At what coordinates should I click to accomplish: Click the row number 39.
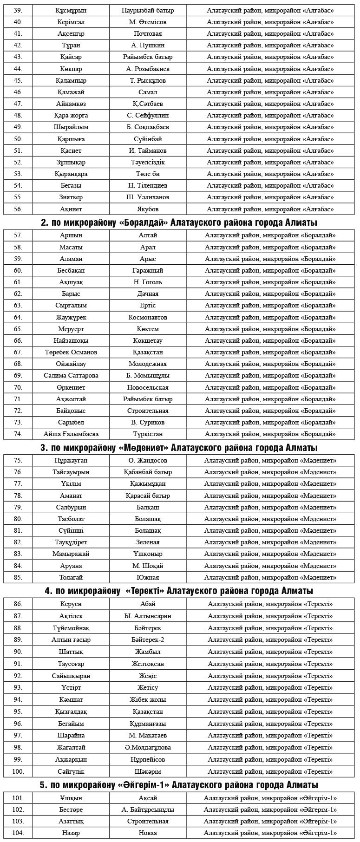coord(18,10)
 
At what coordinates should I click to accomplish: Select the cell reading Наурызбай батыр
coord(148,10)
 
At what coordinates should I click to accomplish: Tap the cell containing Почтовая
coord(148,33)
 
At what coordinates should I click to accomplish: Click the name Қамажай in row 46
coord(71,92)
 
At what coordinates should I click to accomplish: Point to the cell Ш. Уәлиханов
coord(148,197)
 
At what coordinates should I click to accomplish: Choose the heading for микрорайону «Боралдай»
coord(179,222)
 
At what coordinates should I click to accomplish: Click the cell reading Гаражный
coord(148,270)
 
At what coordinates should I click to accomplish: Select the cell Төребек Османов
coord(71,352)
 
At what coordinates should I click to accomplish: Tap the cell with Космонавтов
coord(148,317)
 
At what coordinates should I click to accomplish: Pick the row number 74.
coord(18,434)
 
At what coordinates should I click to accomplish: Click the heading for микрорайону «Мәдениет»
coord(179,448)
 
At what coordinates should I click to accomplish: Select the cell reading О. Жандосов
coord(148,460)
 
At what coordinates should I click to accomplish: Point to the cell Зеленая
coord(148,542)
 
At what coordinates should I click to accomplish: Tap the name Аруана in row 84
coord(71,566)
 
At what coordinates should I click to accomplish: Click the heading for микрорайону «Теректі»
coord(179,591)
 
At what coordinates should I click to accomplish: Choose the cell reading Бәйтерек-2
coord(148,640)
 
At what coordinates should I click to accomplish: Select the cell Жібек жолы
coord(148,699)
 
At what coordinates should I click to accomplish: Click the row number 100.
coord(18,771)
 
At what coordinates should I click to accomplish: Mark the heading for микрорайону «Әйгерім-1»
coord(179,785)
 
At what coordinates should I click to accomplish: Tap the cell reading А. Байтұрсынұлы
coord(148,809)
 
